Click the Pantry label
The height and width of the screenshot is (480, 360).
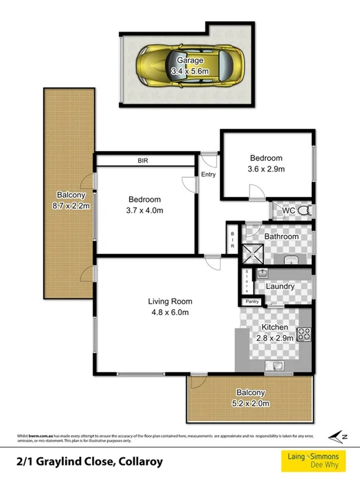point(252,301)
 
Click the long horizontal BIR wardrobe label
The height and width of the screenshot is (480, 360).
point(144,161)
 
